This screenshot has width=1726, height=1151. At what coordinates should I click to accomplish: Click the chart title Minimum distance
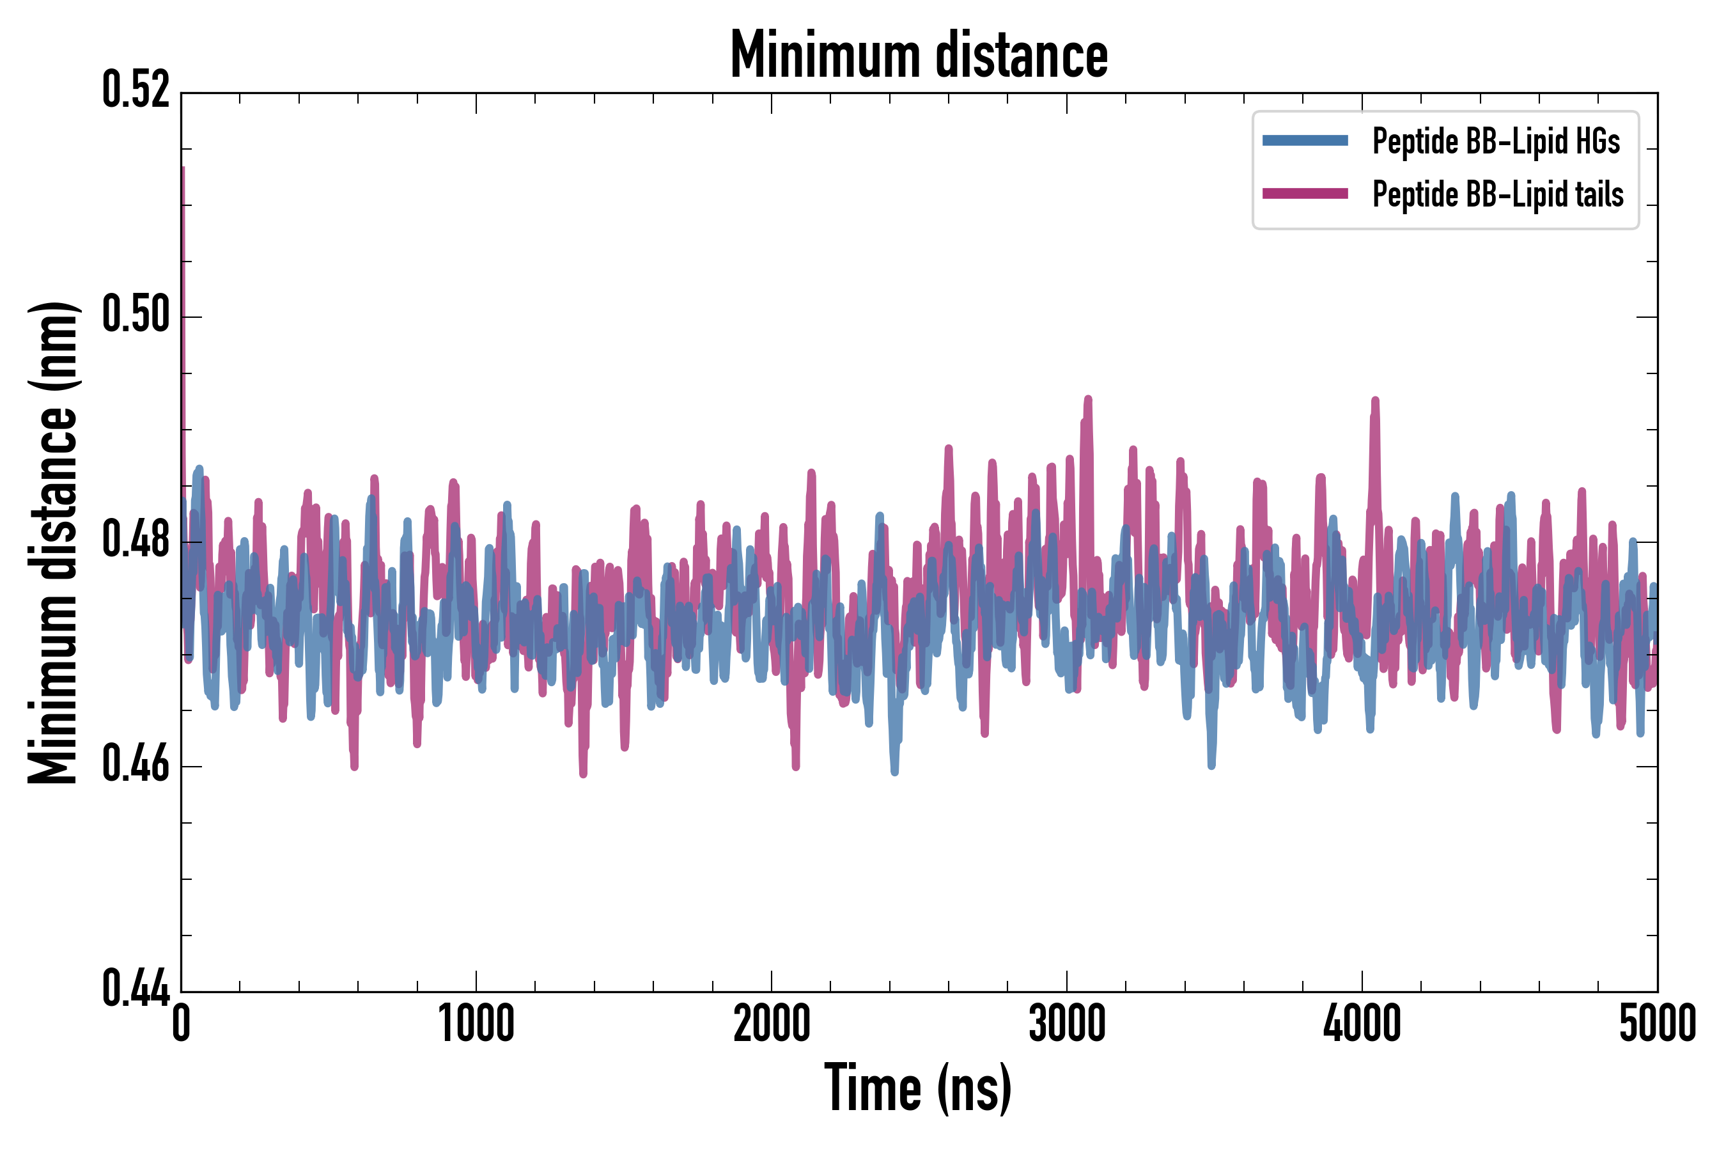(x=919, y=55)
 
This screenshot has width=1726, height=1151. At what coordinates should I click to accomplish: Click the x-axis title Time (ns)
(x=918, y=1088)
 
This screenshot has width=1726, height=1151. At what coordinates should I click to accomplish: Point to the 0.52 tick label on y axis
(x=136, y=91)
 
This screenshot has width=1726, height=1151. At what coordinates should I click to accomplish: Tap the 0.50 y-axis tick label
(x=136, y=316)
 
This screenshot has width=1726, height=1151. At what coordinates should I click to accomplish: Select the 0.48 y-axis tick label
(x=136, y=541)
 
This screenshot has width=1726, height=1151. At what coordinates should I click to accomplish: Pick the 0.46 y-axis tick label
(x=136, y=765)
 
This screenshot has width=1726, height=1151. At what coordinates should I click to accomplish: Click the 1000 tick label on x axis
(x=476, y=1024)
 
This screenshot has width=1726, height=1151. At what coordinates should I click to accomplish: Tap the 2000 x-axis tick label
(x=772, y=1024)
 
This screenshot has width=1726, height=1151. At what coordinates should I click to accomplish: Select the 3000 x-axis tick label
(x=1066, y=1024)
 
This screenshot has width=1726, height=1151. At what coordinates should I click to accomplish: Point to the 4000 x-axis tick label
(x=1362, y=1024)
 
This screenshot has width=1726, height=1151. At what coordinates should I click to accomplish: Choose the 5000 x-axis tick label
(x=1657, y=1024)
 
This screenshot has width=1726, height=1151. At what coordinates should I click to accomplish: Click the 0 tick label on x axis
(x=182, y=1024)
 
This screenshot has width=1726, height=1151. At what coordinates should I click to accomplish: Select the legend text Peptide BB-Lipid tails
(x=1498, y=194)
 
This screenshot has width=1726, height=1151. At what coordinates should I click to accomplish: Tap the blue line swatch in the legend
(x=1305, y=141)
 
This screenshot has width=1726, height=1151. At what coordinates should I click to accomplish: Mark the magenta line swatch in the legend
(x=1305, y=194)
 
